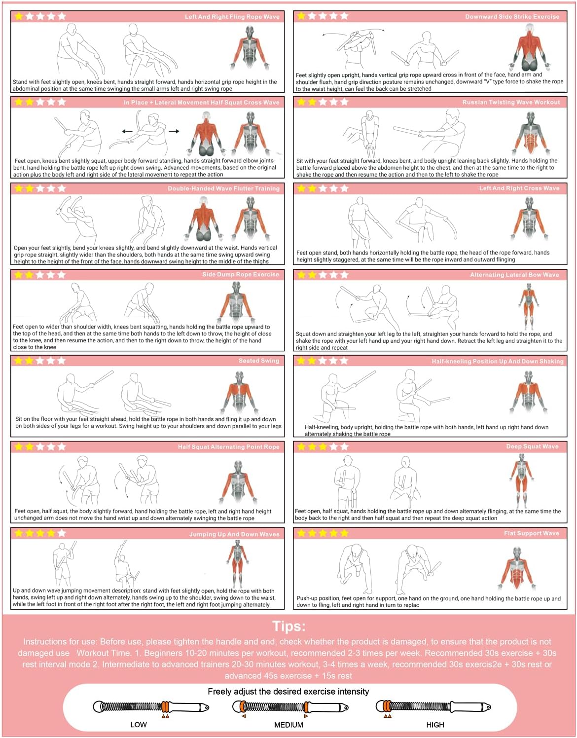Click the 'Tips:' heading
pyautogui.click(x=289, y=627)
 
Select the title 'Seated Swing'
pyautogui.click(x=258, y=361)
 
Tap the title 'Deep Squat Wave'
pyautogui.click(x=532, y=446)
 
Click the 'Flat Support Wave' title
pyautogui.click(x=532, y=533)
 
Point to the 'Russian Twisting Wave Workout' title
pyautogui.click(x=511, y=102)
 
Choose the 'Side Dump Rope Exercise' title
pyautogui.click(x=241, y=274)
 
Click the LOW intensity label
pyautogui.click(x=139, y=725)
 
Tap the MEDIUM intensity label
pyautogui.click(x=288, y=725)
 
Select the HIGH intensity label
pyautogui.click(x=435, y=725)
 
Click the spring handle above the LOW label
pyautogui.click(x=151, y=707)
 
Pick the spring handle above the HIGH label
pyautogui.click(x=433, y=707)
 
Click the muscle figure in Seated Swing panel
pyautogui.click(x=240, y=392)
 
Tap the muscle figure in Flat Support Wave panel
pyautogui.click(x=516, y=568)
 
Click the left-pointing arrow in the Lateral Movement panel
pyautogui.click(x=127, y=131)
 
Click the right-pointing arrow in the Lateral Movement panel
pyautogui.click(x=174, y=131)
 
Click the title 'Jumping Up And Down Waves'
pyautogui.click(x=234, y=534)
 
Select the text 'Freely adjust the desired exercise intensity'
pyautogui.click(x=288, y=692)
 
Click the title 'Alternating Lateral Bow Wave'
pyautogui.click(x=514, y=275)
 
